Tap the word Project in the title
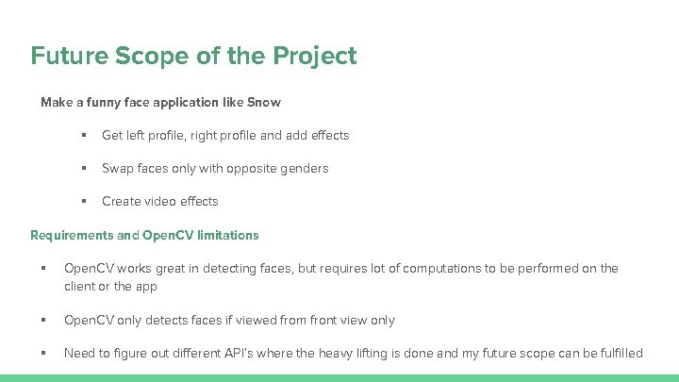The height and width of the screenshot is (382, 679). click(x=315, y=57)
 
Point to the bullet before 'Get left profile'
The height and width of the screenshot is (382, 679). click(x=84, y=135)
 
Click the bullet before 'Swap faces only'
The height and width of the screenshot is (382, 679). click(x=84, y=168)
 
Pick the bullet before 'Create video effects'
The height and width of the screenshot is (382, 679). click(x=84, y=201)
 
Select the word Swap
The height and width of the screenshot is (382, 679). click(x=118, y=168)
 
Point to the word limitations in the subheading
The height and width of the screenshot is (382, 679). click(x=224, y=235)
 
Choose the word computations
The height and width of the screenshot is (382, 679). click(x=441, y=269)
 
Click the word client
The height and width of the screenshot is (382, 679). click(x=82, y=286)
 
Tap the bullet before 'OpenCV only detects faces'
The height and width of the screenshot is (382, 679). click(x=44, y=320)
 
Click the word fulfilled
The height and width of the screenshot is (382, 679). click(x=617, y=353)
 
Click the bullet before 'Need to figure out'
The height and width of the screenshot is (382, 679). click(x=44, y=353)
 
